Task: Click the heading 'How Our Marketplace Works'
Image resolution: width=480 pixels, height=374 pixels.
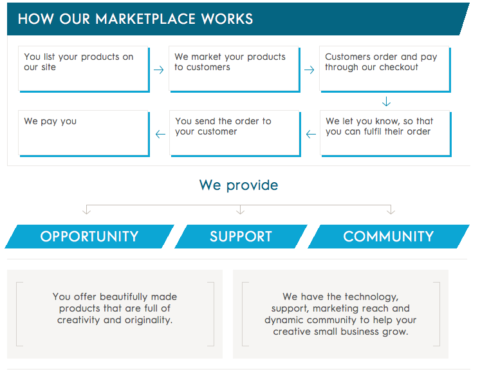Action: click(135, 19)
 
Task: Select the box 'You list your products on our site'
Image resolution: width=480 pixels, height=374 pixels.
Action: click(84, 69)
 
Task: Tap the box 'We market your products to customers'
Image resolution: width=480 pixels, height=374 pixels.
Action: click(234, 69)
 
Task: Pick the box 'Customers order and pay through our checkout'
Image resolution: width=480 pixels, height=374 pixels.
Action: click(384, 69)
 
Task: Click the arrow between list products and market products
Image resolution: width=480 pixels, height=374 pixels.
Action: click(159, 70)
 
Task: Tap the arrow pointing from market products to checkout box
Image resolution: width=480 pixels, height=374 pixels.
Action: click(309, 70)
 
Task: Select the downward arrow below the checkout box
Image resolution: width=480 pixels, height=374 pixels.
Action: click(386, 102)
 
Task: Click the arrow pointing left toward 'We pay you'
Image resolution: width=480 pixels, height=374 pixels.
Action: click(160, 135)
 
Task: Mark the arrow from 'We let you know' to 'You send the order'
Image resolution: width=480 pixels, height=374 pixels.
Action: click(311, 135)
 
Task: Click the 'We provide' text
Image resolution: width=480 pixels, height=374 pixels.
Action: click(239, 185)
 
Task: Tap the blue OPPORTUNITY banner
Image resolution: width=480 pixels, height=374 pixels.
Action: click(89, 236)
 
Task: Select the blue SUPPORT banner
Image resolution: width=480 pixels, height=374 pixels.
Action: click(241, 236)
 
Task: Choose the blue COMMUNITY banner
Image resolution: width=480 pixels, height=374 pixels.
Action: click(388, 236)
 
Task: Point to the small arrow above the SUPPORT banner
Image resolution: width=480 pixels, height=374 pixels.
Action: click(240, 210)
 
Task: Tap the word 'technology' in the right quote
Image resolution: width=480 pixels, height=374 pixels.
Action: click(371, 297)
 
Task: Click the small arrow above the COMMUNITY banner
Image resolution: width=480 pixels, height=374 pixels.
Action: click(391, 210)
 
